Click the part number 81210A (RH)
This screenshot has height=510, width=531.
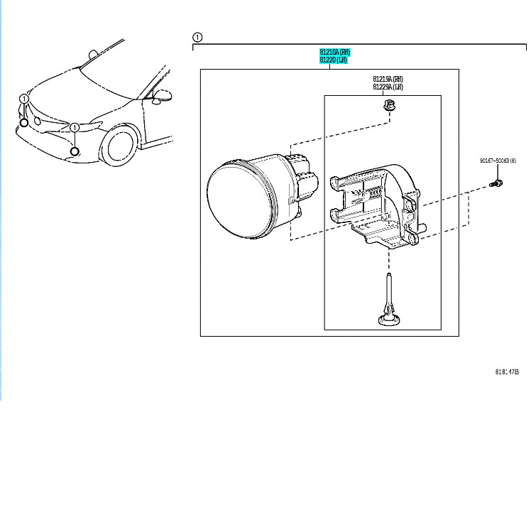tap(334, 53)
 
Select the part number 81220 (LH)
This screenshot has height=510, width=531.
tap(333, 60)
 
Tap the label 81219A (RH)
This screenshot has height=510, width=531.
tap(388, 79)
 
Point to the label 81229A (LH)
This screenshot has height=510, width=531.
tap(388, 87)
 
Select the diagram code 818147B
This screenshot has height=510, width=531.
tap(507, 371)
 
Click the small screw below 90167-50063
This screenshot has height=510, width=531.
tap(496, 184)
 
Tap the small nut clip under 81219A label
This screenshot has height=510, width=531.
tap(388, 107)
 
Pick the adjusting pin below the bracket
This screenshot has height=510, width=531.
tap(389, 305)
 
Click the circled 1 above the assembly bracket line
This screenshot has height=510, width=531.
tap(197, 37)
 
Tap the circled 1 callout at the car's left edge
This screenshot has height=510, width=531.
tap(24, 99)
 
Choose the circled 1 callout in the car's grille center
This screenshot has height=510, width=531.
tap(74, 128)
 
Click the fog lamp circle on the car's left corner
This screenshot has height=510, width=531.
tap(24, 122)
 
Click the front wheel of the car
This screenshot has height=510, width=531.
tap(119, 146)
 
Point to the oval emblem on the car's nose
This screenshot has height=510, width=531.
tap(37, 121)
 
